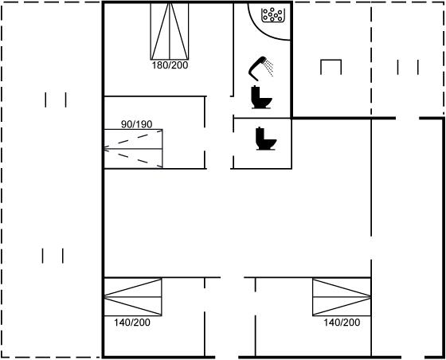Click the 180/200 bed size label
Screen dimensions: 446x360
(170, 65)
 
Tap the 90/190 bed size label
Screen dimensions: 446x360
(136, 124)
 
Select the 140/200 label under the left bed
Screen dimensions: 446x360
(132, 323)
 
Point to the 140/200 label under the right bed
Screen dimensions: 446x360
(342, 323)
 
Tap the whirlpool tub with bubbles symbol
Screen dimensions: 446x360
(273, 14)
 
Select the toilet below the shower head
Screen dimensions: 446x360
(261, 97)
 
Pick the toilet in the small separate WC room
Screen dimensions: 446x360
(266, 139)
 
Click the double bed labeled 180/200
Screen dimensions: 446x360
(170, 31)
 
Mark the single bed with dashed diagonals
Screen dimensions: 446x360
(133, 148)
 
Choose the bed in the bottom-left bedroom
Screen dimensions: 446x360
(132, 296)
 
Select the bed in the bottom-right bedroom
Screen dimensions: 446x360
(342, 296)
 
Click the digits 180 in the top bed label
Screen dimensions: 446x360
(160, 65)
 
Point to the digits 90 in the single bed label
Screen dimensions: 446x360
(127, 124)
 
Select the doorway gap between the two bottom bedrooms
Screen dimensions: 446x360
(232, 277)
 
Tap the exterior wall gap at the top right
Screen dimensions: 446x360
(407, 118)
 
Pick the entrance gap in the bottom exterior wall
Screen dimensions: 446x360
(226, 357)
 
